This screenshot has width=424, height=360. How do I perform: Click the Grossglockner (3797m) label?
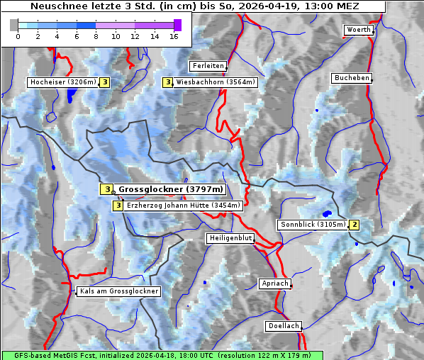170,189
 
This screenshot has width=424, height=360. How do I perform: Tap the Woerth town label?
358,30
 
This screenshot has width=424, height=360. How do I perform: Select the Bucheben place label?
352,77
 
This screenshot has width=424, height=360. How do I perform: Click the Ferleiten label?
208,66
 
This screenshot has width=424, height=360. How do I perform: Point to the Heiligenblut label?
230,238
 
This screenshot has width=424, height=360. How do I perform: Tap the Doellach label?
283,326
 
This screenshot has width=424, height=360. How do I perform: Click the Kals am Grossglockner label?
118,291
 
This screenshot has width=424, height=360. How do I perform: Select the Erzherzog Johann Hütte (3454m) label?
183,206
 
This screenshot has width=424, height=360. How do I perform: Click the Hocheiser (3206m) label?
62,82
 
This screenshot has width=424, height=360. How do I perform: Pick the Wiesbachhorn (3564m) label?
216,82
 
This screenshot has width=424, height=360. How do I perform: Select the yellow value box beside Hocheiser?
105,82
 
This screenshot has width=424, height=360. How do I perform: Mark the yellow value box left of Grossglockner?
106,189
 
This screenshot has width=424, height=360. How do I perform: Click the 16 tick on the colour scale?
174,36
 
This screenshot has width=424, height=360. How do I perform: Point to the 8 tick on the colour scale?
96,36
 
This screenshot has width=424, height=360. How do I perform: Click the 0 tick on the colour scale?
18,36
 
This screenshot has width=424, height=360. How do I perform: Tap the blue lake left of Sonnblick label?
326,213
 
